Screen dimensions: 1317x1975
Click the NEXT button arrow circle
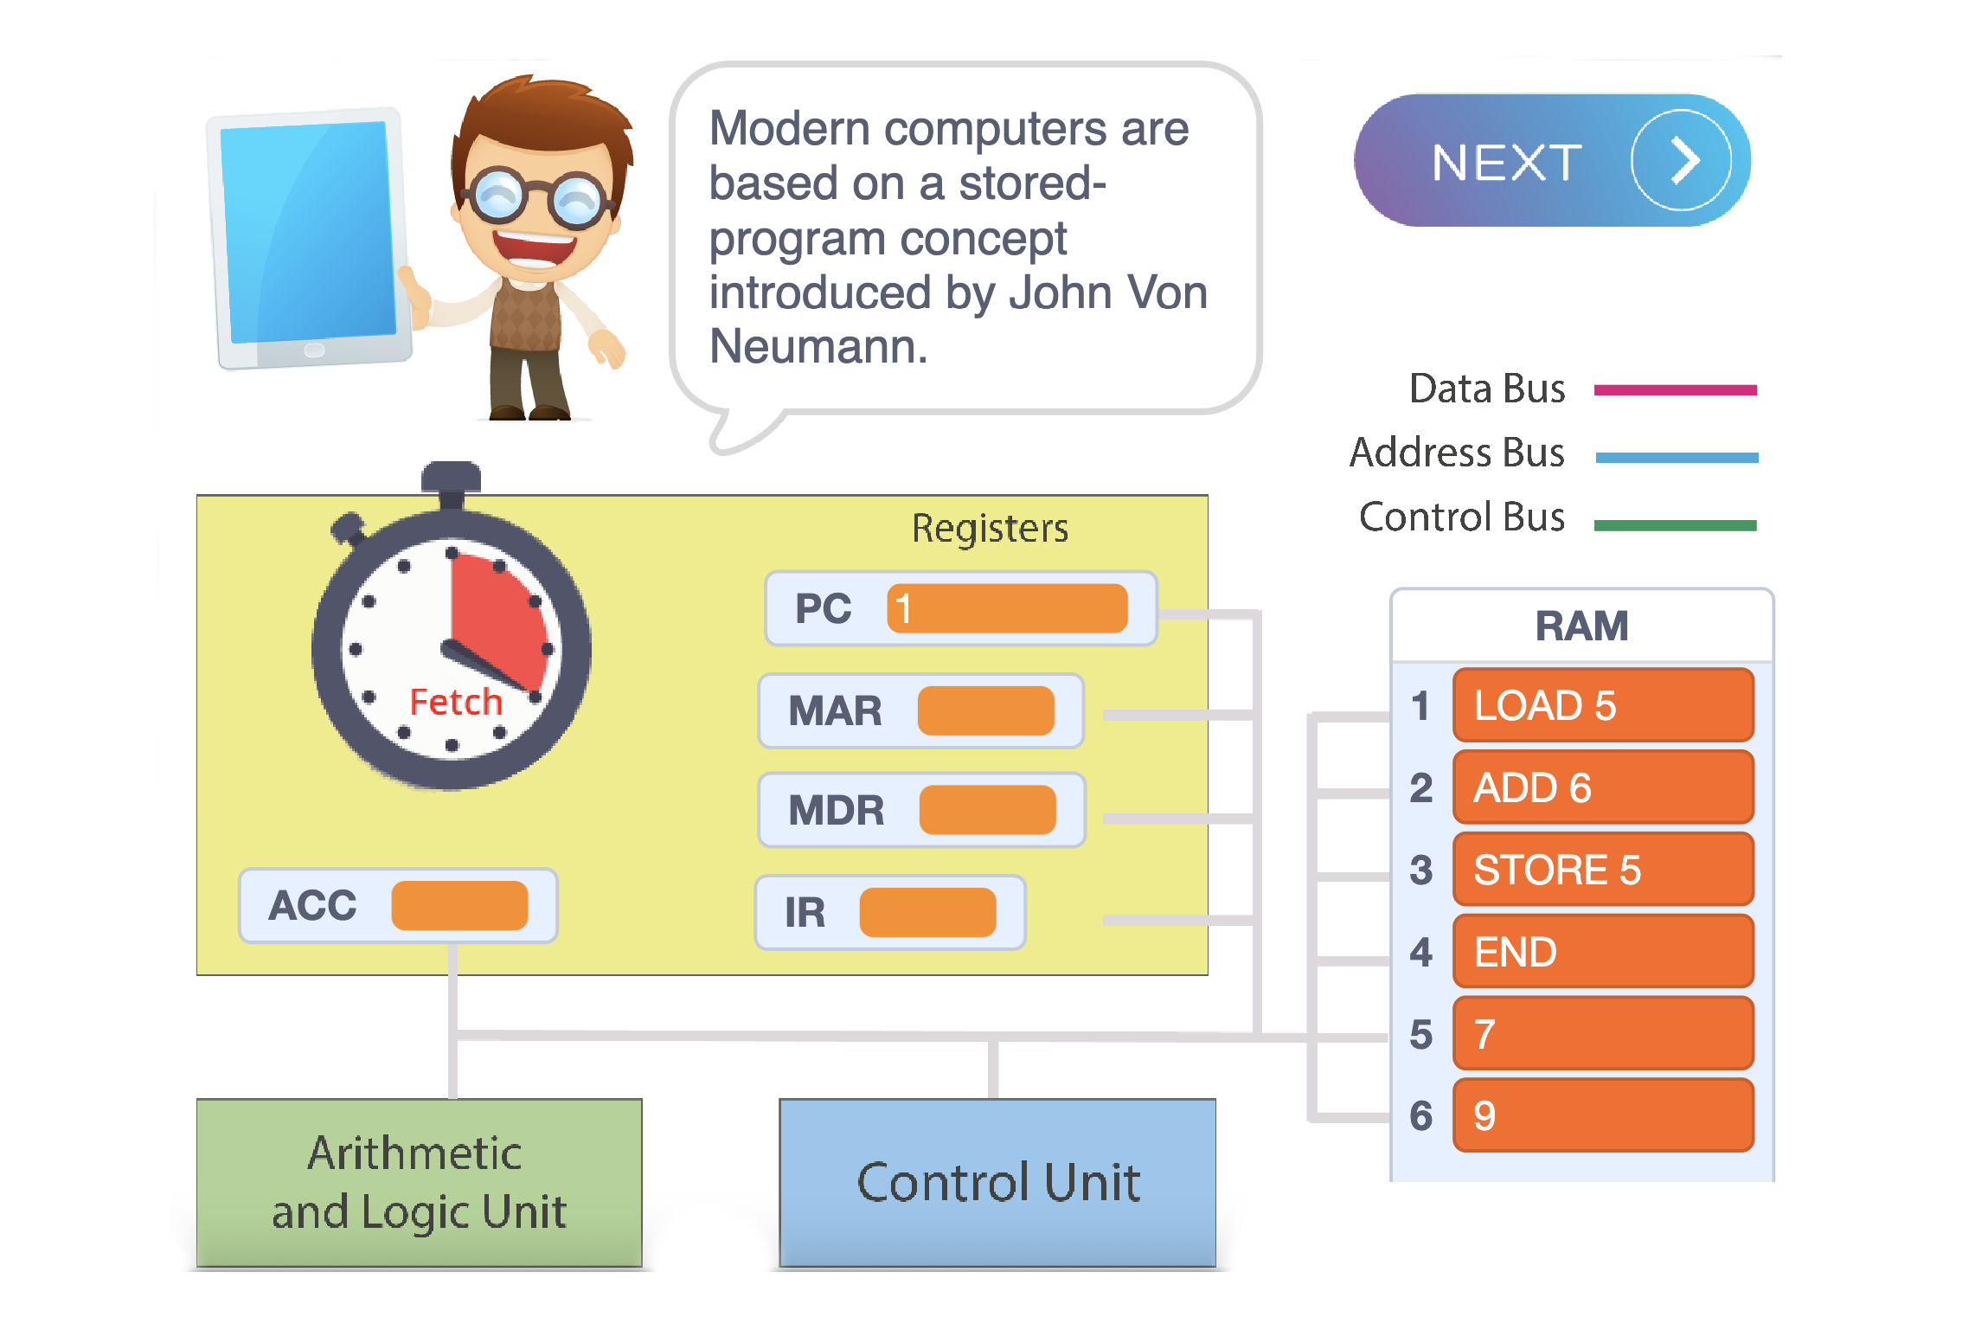[x=1680, y=160]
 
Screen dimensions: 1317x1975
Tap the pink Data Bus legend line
[x=1675, y=390]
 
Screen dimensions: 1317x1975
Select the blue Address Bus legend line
[x=1676, y=457]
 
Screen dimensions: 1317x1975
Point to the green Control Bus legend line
[x=1675, y=524]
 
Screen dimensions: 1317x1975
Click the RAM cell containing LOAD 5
[x=1602, y=705]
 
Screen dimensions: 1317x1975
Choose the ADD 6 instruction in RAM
[x=1602, y=787]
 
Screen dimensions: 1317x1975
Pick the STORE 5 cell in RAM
[x=1602, y=870]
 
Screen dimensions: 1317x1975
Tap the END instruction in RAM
[x=1602, y=952]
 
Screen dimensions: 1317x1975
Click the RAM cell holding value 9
[x=1602, y=1115]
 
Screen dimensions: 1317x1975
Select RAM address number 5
[x=1420, y=1034]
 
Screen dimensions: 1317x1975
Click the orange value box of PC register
[x=1007, y=608]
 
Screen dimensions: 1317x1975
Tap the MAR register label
[x=835, y=711]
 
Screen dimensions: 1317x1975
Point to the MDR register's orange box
[x=987, y=810]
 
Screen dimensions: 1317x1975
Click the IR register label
[x=805, y=913]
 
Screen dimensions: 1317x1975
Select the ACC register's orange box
[x=459, y=906]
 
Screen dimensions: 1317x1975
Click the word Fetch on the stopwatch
[x=456, y=702]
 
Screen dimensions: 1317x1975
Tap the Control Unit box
[x=997, y=1183]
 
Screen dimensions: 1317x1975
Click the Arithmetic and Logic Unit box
[x=419, y=1183]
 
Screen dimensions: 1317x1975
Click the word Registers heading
[x=990, y=528]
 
